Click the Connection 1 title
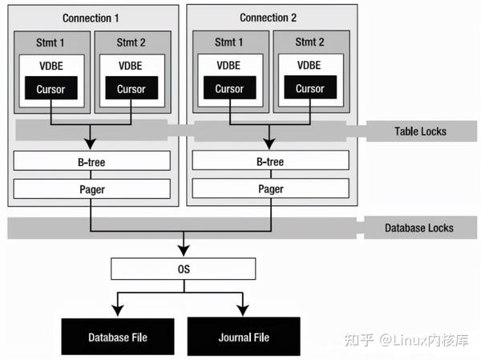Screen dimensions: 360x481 91,18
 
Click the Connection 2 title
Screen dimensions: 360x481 268,18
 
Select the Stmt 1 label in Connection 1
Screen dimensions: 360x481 52,41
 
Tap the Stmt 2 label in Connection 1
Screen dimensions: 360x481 131,41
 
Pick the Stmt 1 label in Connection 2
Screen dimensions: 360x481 230,41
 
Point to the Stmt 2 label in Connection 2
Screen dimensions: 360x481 309,41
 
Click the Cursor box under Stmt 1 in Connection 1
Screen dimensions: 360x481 52,89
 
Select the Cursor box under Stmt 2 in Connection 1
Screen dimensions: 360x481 131,89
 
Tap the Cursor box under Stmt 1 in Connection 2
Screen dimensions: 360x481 230,89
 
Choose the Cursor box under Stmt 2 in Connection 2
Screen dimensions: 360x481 309,89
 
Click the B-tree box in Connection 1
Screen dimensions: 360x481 92,161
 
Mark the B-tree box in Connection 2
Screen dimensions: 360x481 270,161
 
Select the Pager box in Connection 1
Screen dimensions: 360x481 92,189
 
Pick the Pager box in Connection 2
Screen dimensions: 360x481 270,189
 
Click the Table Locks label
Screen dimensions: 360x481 420,131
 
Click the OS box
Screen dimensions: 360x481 183,268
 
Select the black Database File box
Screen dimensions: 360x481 118,337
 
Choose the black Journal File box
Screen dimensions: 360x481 243,337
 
